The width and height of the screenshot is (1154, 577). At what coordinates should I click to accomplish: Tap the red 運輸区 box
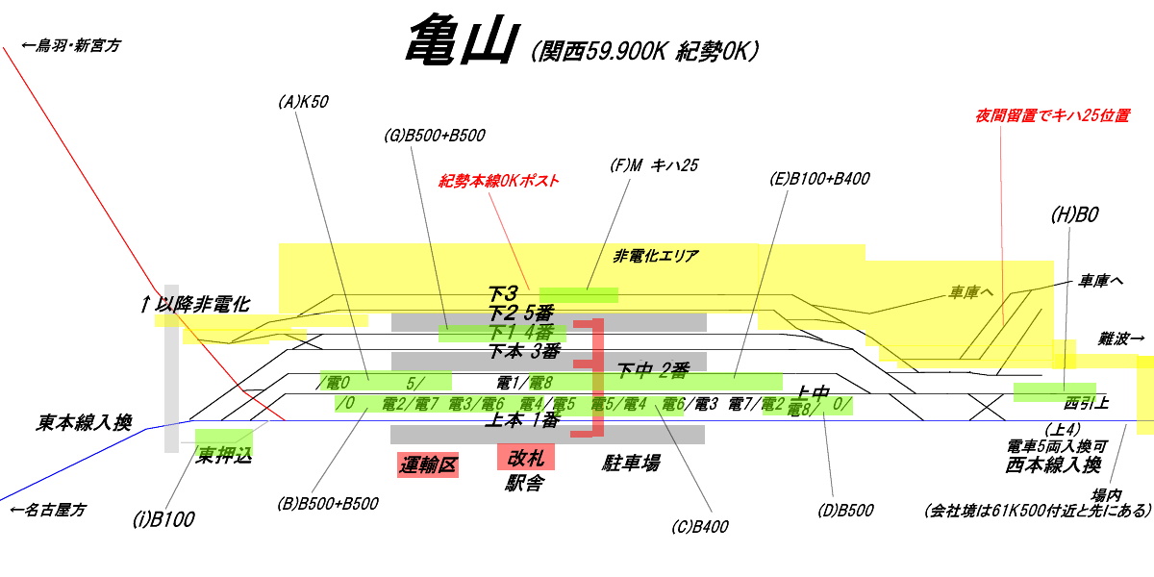(x=428, y=465)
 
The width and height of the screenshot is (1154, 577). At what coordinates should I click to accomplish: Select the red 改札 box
(x=526, y=457)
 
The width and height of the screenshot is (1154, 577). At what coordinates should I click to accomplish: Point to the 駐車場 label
(x=631, y=464)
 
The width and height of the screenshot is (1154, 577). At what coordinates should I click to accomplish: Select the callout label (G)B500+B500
(x=434, y=136)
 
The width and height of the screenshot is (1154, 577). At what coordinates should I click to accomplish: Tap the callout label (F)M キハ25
(x=654, y=165)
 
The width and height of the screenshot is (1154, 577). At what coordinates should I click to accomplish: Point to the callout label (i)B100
(x=163, y=520)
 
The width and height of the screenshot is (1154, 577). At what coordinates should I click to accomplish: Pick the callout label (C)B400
(x=701, y=526)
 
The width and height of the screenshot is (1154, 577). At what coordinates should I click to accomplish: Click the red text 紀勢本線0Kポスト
(x=499, y=180)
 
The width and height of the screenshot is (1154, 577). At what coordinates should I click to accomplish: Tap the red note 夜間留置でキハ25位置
(x=1052, y=115)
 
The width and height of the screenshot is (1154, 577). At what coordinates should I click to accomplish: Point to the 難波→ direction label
(x=1121, y=339)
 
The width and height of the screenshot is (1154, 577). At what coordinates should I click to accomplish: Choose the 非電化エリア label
(x=656, y=257)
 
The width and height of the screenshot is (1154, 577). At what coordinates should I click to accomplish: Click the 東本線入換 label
(x=86, y=422)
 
